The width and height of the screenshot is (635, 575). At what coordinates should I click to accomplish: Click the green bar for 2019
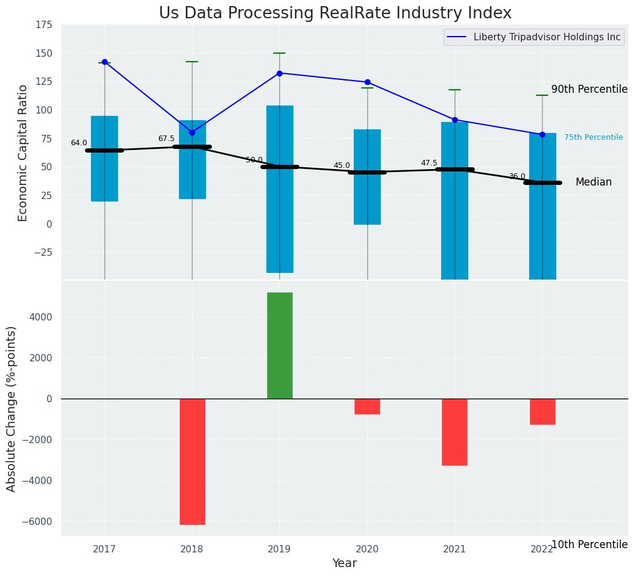(x=279, y=345)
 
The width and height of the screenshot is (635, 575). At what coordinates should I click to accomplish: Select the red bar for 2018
(x=192, y=461)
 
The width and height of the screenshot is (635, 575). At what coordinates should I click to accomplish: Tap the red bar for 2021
(x=455, y=432)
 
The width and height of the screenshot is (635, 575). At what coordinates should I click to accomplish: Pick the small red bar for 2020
(x=367, y=407)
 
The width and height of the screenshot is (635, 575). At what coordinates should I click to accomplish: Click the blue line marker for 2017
(x=105, y=62)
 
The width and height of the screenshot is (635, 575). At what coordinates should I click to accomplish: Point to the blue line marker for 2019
(x=279, y=73)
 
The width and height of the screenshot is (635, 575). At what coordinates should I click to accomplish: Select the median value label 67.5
(x=166, y=139)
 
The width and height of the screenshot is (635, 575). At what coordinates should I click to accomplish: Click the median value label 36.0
(x=517, y=176)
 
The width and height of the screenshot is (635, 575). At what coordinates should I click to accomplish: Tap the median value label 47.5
(x=429, y=163)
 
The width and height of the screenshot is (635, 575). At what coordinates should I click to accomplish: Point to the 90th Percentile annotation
(x=589, y=90)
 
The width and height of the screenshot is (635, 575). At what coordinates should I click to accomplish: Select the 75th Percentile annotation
(x=593, y=137)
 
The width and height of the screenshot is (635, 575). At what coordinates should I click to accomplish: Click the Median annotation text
(x=593, y=183)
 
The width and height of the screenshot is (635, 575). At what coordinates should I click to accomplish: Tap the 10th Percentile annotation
(x=589, y=544)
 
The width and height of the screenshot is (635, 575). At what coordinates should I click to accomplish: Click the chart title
(x=335, y=13)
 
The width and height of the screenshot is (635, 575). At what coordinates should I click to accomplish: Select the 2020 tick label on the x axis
(x=367, y=549)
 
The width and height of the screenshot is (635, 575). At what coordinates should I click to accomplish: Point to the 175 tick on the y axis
(x=43, y=26)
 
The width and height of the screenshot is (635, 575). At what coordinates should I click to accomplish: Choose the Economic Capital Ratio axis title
(x=23, y=153)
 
